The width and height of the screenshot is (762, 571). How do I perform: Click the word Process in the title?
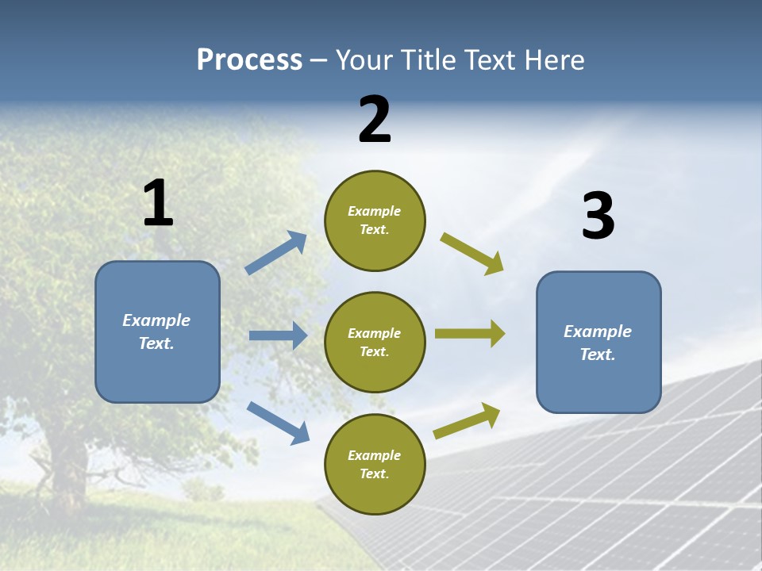pyautogui.click(x=249, y=60)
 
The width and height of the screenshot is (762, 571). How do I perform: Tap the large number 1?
pyautogui.click(x=158, y=203)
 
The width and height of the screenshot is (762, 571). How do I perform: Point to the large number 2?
pyautogui.click(x=375, y=120)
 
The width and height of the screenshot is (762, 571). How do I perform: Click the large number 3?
pyautogui.click(x=598, y=217)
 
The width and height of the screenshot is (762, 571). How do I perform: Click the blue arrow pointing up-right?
pyautogui.click(x=276, y=252)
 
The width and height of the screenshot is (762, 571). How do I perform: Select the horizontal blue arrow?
pyautogui.click(x=278, y=335)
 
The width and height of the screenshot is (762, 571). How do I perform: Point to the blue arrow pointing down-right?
pyautogui.click(x=278, y=422)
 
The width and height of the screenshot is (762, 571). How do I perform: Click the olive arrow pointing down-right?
pyautogui.click(x=471, y=253)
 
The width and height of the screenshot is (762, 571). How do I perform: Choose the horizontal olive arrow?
pyautogui.click(x=469, y=333)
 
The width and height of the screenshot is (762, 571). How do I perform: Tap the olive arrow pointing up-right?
pyautogui.click(x=467, y=420)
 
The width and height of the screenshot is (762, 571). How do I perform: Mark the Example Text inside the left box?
pyautogui.click(x=156, y=331)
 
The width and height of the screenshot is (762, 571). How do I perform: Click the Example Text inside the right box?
pyautogui.click(x=598, y=343)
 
